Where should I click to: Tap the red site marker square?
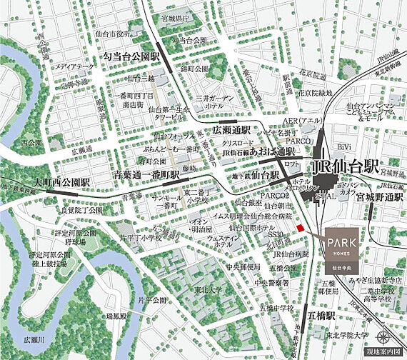pyautogui.click(x=301, y=228)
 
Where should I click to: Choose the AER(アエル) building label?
pyautogui.click(x=303, y=121)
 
